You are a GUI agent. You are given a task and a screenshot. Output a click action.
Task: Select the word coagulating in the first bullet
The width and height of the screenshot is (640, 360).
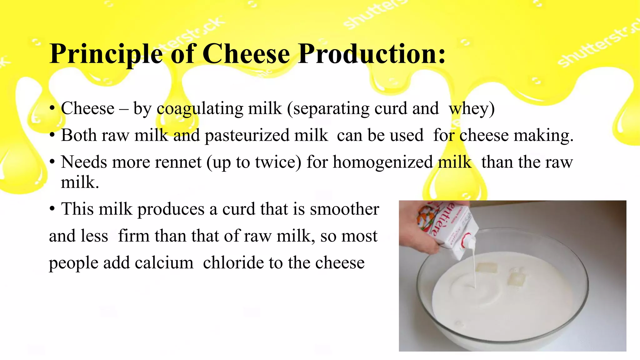click(200, 109)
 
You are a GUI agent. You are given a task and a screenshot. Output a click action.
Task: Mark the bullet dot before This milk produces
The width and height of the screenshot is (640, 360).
click(52, 209)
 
